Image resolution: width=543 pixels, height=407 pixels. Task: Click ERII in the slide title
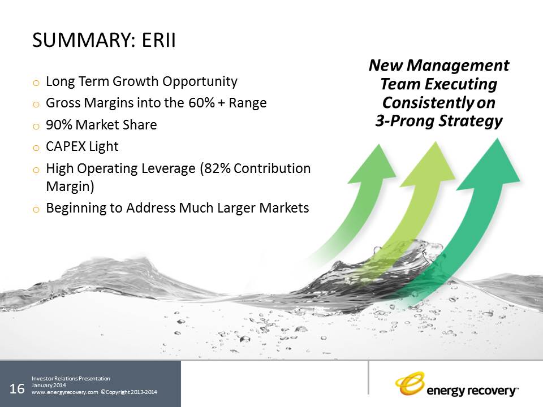(158, 40)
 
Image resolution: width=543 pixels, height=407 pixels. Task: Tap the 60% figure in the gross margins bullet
(202, 103)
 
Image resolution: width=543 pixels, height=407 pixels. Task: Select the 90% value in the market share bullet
(59, 125)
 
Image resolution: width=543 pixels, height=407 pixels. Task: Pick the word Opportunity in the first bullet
(200, 82)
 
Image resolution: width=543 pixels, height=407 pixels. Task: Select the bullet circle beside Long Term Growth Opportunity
(36, 83)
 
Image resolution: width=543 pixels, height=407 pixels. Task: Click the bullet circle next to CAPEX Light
(36, 148)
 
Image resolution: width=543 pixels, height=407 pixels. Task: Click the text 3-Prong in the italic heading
(404, 121)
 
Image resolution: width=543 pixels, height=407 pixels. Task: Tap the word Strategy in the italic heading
(471, 121)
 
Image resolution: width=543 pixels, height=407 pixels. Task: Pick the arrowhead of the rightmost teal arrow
(492, 164)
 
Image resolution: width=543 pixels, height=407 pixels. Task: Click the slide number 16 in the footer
(17, 389)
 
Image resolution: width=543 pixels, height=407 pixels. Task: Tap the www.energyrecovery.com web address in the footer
(64, 392)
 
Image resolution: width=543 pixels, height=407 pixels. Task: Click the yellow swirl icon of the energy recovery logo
(410, 383)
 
